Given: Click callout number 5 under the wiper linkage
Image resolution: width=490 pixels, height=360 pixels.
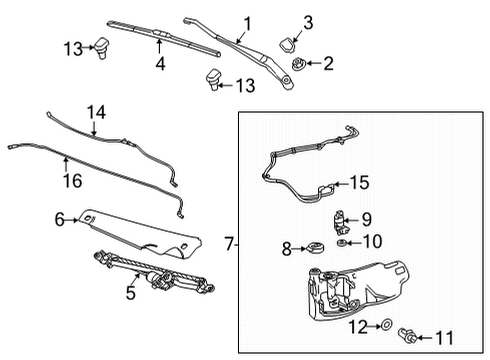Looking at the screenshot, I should (129, 293).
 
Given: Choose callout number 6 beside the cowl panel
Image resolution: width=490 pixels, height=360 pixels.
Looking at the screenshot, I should (59, 219).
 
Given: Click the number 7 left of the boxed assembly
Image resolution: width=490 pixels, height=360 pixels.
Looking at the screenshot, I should (230, 243).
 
